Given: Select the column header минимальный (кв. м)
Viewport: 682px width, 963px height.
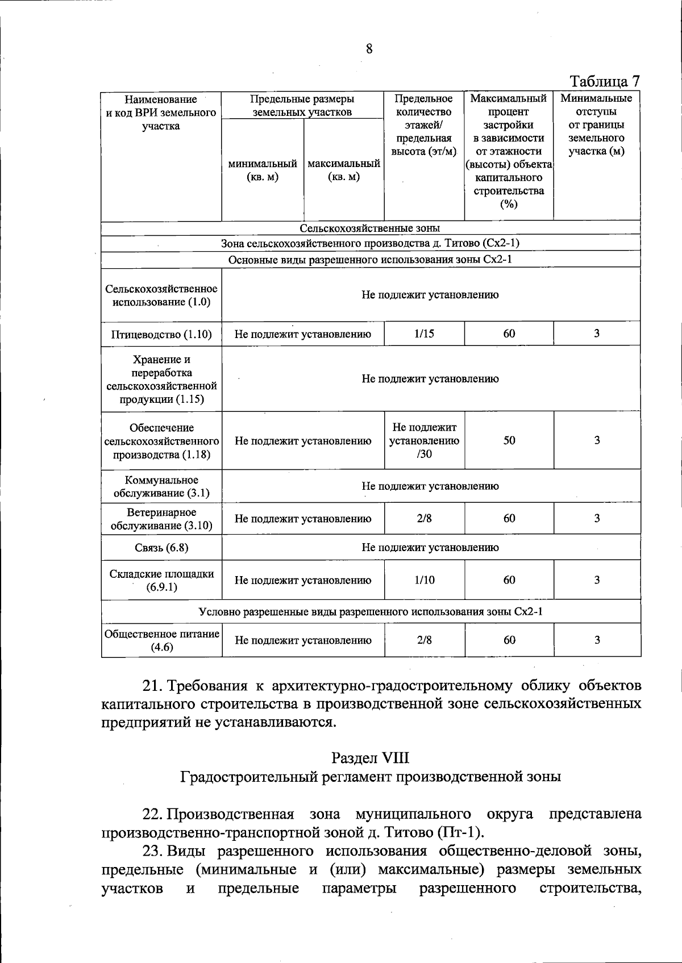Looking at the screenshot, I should tap(263, 170).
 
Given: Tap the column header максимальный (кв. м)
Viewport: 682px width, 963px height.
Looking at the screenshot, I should tap(344, 170).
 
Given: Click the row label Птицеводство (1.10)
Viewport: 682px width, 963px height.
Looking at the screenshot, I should tap(161, 335).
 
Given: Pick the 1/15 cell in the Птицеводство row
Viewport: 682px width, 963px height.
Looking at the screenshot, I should tap(425, 333).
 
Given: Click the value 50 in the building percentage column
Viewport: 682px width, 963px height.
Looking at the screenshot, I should tap(509, 440).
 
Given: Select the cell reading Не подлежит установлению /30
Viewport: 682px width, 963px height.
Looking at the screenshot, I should tap(425, 440).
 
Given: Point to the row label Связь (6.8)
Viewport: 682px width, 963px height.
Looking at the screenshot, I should tap(161, 548).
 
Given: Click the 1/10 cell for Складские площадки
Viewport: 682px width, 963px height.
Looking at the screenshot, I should tap(425, 580).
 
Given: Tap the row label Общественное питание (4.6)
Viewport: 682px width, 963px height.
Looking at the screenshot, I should tap(161, 640).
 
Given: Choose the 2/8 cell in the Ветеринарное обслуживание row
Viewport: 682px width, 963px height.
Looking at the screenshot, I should tap(425, 518).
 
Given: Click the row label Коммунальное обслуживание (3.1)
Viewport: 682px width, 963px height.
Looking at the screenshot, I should tap(161, 486).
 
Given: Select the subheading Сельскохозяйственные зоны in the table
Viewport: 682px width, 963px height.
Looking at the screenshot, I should tap(370, 228).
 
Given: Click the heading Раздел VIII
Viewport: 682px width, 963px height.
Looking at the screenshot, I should tap(370, 758).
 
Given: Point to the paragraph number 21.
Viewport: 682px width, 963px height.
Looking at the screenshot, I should tap(152, 686).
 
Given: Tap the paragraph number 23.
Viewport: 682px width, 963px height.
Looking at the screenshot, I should tap(152, 851).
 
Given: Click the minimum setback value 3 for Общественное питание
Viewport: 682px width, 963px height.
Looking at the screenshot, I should tap(597, 640).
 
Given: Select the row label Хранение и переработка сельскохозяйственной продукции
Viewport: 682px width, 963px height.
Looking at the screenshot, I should tap(161, 379).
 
